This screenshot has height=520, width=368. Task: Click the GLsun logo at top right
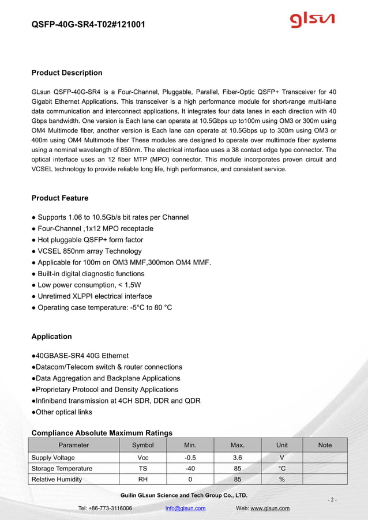[311, 22]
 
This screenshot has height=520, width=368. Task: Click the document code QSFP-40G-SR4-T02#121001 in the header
[88, 25]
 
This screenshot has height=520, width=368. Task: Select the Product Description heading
[67, 73]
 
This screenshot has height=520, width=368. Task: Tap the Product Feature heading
[60, 198]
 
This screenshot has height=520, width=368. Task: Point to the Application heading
[52, 337]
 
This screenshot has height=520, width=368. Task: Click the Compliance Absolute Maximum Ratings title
[102, 433]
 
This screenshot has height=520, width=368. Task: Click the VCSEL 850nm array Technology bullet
[87, 251]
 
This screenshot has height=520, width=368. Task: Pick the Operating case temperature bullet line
[102, 307]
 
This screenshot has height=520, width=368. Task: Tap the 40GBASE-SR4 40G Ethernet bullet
[80, 356]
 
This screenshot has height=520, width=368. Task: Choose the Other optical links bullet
[62, 412]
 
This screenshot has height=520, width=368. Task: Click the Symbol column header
[143, 445]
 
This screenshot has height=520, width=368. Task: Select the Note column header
[325, 445]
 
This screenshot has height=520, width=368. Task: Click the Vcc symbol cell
[143, 458]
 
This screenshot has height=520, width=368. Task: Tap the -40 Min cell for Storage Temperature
[190, 469]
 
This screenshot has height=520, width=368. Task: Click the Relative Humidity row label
[57, 480]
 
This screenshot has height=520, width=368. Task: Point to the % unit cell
[282, 480]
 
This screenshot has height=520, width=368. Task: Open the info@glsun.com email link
[185, 508]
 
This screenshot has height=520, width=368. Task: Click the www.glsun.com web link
[270, 508]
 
